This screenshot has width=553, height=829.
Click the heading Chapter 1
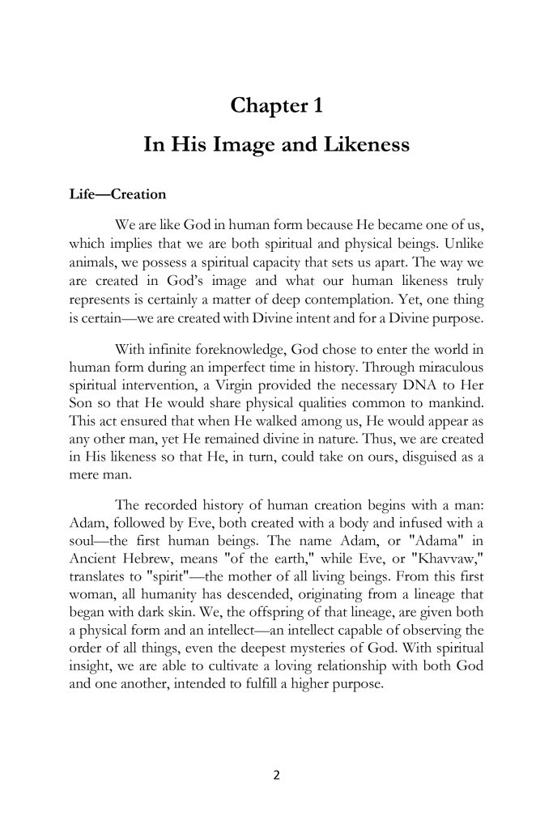276,106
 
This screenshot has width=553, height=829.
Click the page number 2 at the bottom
276,774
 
